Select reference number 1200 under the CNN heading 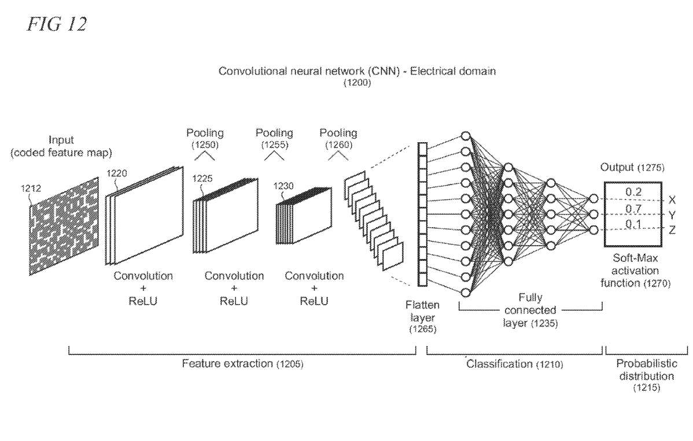point(358,83)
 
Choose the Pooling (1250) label point(205,138)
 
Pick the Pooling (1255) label point(274,138)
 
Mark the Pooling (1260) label point(338,138)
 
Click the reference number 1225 point(202,179)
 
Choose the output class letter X point(672,200)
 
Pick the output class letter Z point(672,231)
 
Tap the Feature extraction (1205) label point(242,364)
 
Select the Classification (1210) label point(514,364)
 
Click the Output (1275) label point(632,168)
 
